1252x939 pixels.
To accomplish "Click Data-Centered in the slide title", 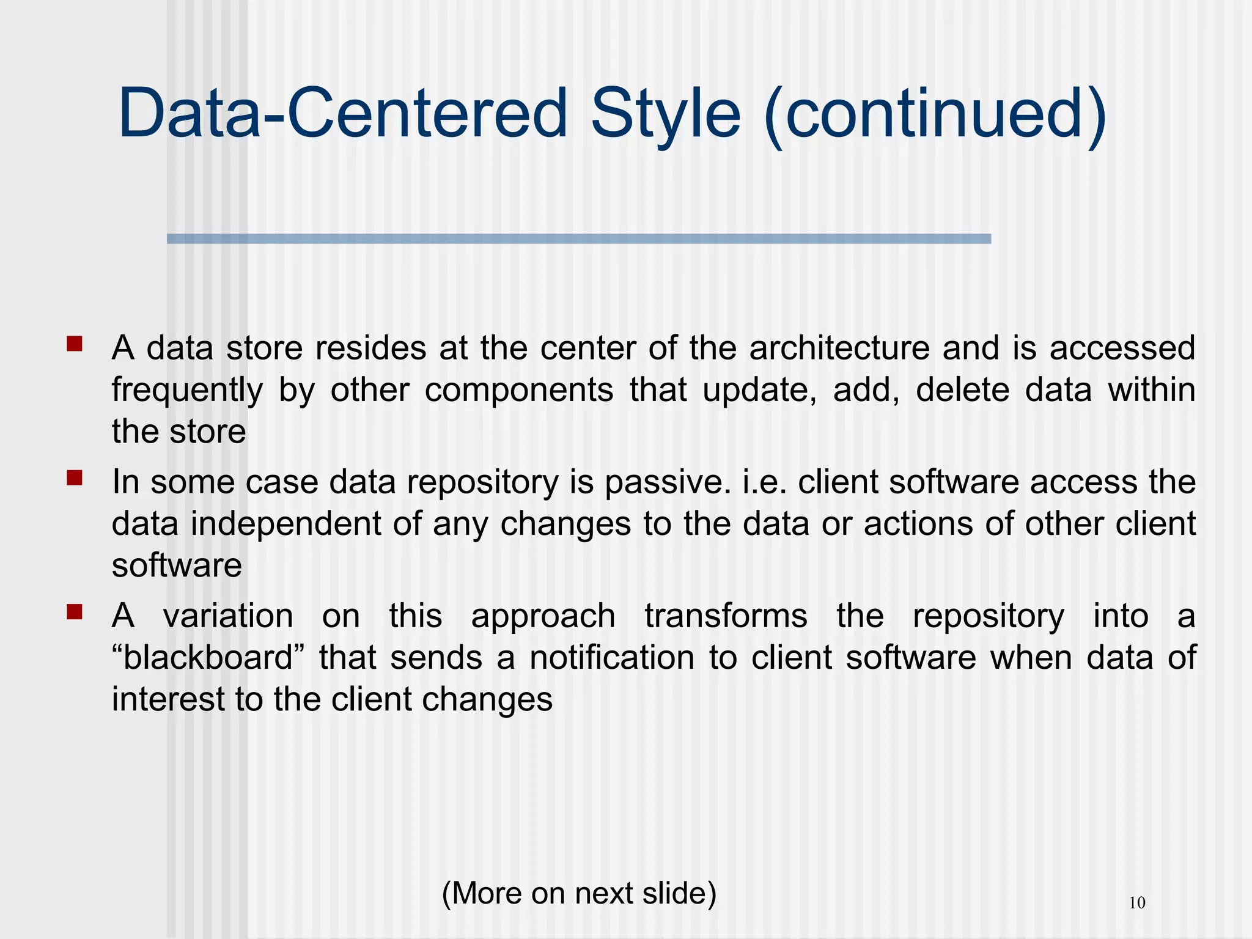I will pos(343,113).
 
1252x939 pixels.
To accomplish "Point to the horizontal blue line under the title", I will pos(578,239).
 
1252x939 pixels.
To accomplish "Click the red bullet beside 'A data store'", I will pos(75,344).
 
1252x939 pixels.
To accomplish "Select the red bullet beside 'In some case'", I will pos(75,477).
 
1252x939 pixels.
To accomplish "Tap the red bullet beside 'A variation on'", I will pos(75,611).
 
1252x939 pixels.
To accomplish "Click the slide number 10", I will pos(1136,903).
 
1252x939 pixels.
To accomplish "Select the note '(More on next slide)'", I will pos(578,893).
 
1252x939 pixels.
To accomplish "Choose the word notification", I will pos(612,658).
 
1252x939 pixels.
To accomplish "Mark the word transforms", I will pos(726,616).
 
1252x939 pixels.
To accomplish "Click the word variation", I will pos(228,616).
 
